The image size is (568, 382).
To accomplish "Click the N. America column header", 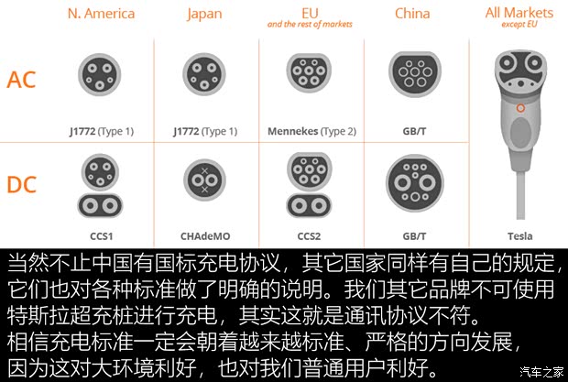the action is [x=101, y=14].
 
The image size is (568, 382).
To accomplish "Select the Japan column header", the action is [x=204, y=15].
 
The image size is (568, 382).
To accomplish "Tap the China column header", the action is [x=412, y=14].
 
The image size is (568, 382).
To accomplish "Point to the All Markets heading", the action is [x=519, y=13].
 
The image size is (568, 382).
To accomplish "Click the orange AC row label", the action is [x=21, y=80].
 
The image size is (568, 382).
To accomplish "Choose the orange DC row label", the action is [x=22, y=184].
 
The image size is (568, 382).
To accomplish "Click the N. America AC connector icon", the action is [x=100, y=75].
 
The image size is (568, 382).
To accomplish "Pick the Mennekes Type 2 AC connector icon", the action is [x=309, y=72].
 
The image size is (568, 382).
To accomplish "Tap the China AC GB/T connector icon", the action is [x=415, y=74].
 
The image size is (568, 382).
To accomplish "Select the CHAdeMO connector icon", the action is [x=204, y=180].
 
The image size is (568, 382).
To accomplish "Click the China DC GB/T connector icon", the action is [x=415, y=183].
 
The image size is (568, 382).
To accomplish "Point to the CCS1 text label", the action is [x=102, y=236].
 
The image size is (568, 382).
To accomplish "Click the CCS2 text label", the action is [x=309, y=236].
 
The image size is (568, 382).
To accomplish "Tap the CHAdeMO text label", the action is [x=205, y=236].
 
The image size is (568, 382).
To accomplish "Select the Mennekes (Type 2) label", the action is [x=311, y=131].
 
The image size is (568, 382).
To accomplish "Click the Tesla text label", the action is [x=519, y=236].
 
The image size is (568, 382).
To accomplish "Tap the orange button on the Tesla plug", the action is [x=520, y=108].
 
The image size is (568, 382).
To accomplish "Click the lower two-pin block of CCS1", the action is [x=101, y=206].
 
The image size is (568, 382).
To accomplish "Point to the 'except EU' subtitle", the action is [x=519, y=25].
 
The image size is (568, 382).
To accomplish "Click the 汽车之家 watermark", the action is [x=541, y=372].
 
